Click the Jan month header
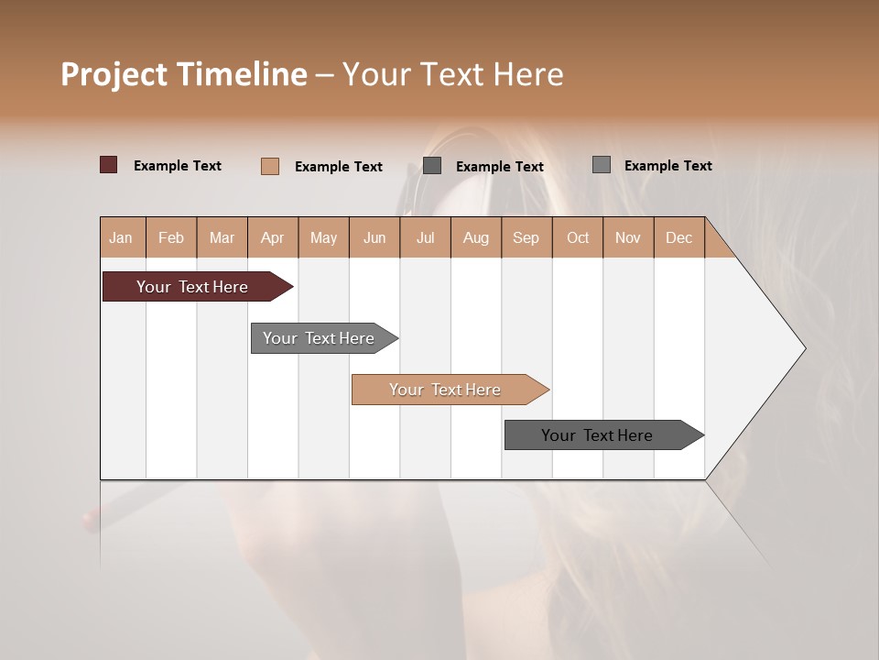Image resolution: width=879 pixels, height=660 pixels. coord(122,237)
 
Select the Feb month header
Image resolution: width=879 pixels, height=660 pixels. coord(171,237)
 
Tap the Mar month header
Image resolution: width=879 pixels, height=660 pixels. coord(222,237)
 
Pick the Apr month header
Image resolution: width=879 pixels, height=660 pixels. coord(273,237)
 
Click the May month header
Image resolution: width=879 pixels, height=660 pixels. coord(323,237)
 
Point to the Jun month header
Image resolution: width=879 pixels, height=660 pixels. coord(374,237)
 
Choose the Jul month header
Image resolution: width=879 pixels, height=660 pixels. coord(425,237)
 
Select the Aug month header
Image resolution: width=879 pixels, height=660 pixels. coord(476,237)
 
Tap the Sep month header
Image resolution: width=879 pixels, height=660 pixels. coord(526,237)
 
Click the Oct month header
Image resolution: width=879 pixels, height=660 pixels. coord(578,237)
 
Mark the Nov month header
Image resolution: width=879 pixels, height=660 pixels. coord(628,237)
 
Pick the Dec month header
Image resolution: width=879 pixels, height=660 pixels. coord(679,237)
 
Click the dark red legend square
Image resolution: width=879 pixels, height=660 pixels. coord(109,165)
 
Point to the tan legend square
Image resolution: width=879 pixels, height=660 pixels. coord(270,166)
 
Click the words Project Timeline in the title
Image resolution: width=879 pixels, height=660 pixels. coord(184,74)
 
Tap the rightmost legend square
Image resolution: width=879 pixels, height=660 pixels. coord(602,165)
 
